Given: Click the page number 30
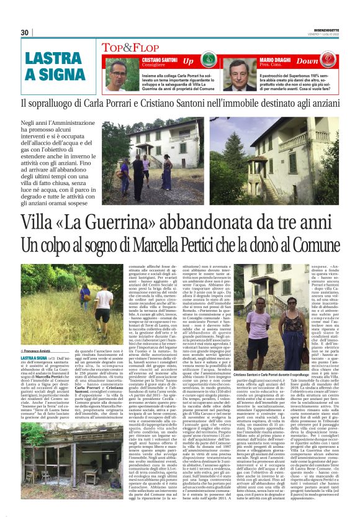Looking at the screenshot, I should pos(25,32).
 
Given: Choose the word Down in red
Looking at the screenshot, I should pos(324,61).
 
